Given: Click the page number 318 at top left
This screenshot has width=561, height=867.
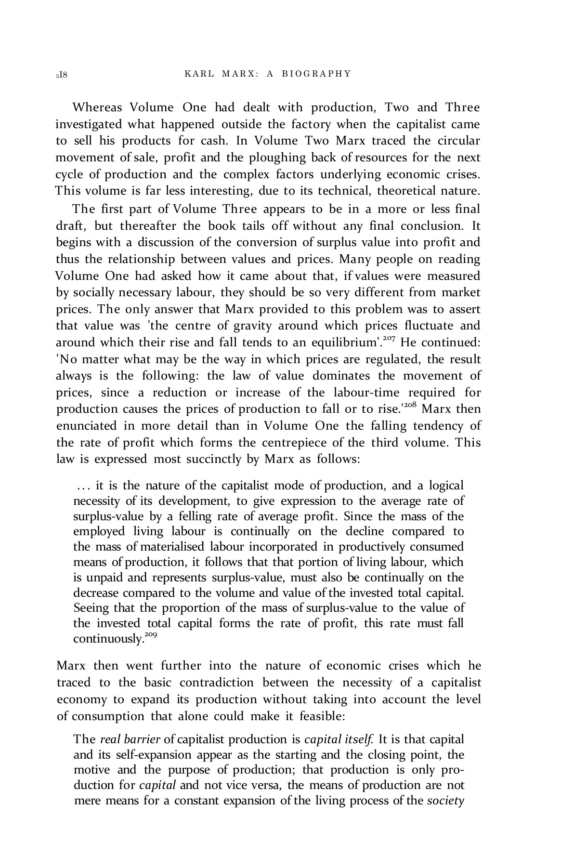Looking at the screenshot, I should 62,75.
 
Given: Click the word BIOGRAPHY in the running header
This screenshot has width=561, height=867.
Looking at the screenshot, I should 316,74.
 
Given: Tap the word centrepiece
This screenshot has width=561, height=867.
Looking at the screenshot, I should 297,442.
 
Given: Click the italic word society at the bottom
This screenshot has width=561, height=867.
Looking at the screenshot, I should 445,801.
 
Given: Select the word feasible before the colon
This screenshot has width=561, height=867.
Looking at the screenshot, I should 320,716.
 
